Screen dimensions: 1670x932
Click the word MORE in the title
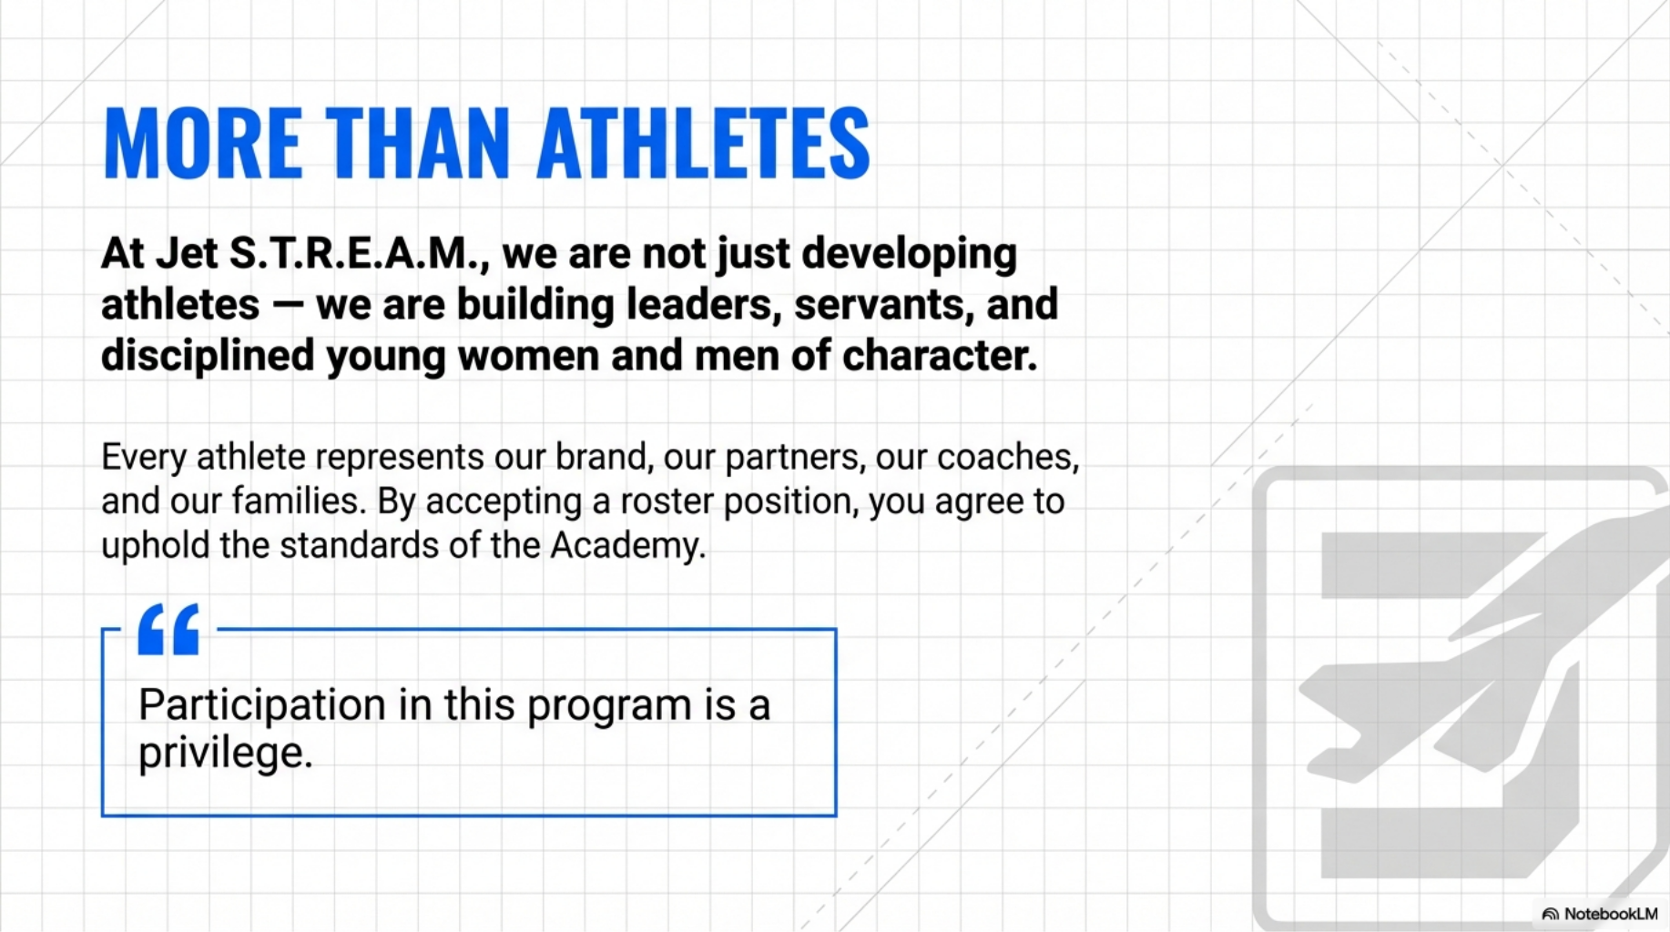point(203,142)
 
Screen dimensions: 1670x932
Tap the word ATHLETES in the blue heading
point(704,142)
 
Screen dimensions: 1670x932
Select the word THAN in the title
point(418,142)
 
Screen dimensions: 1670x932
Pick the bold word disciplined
point(208,355)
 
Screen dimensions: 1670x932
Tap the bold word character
point(940,355)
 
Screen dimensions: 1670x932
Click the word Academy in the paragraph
point(627,546)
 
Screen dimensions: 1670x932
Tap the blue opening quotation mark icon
point(168,629)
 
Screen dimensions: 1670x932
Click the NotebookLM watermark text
point(1611,914)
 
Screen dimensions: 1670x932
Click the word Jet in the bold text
point(186,254)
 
